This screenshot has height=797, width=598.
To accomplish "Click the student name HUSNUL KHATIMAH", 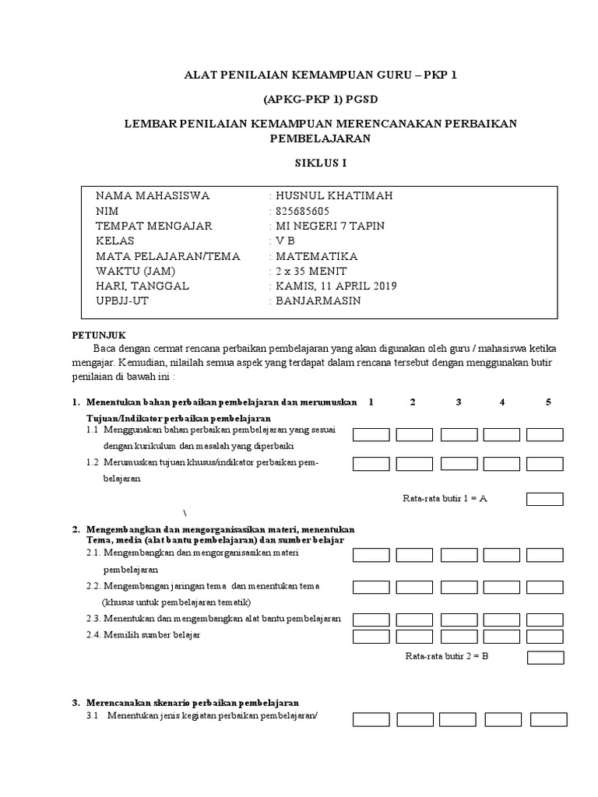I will click(x=333, y=195).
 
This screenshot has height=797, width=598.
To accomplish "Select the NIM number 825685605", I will click(x=302, y=211).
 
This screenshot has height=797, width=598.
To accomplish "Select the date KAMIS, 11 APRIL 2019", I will click(x=336, y=286).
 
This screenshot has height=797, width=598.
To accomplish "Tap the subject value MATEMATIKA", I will click(x=316, y=256).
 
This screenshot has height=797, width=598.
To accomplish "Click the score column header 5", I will click(x=548, y=402).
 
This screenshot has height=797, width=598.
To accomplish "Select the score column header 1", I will click(x=371, y=402).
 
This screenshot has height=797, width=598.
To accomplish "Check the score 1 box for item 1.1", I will click(x=371, y=434).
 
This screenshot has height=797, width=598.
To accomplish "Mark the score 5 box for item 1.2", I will click(x=544, y=464).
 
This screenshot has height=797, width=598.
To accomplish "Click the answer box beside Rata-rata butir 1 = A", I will click(x=544, y=499).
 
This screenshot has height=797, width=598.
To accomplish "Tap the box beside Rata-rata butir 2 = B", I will click(x=545, y=658).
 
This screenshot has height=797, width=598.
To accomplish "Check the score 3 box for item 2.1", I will click(x=459, y=555).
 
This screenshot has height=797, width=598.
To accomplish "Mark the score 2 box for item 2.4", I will click(x=414, y=637).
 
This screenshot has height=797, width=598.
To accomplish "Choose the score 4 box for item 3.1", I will click(x=503, y=719).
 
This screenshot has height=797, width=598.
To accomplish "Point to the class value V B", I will click(x=285, y=241).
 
